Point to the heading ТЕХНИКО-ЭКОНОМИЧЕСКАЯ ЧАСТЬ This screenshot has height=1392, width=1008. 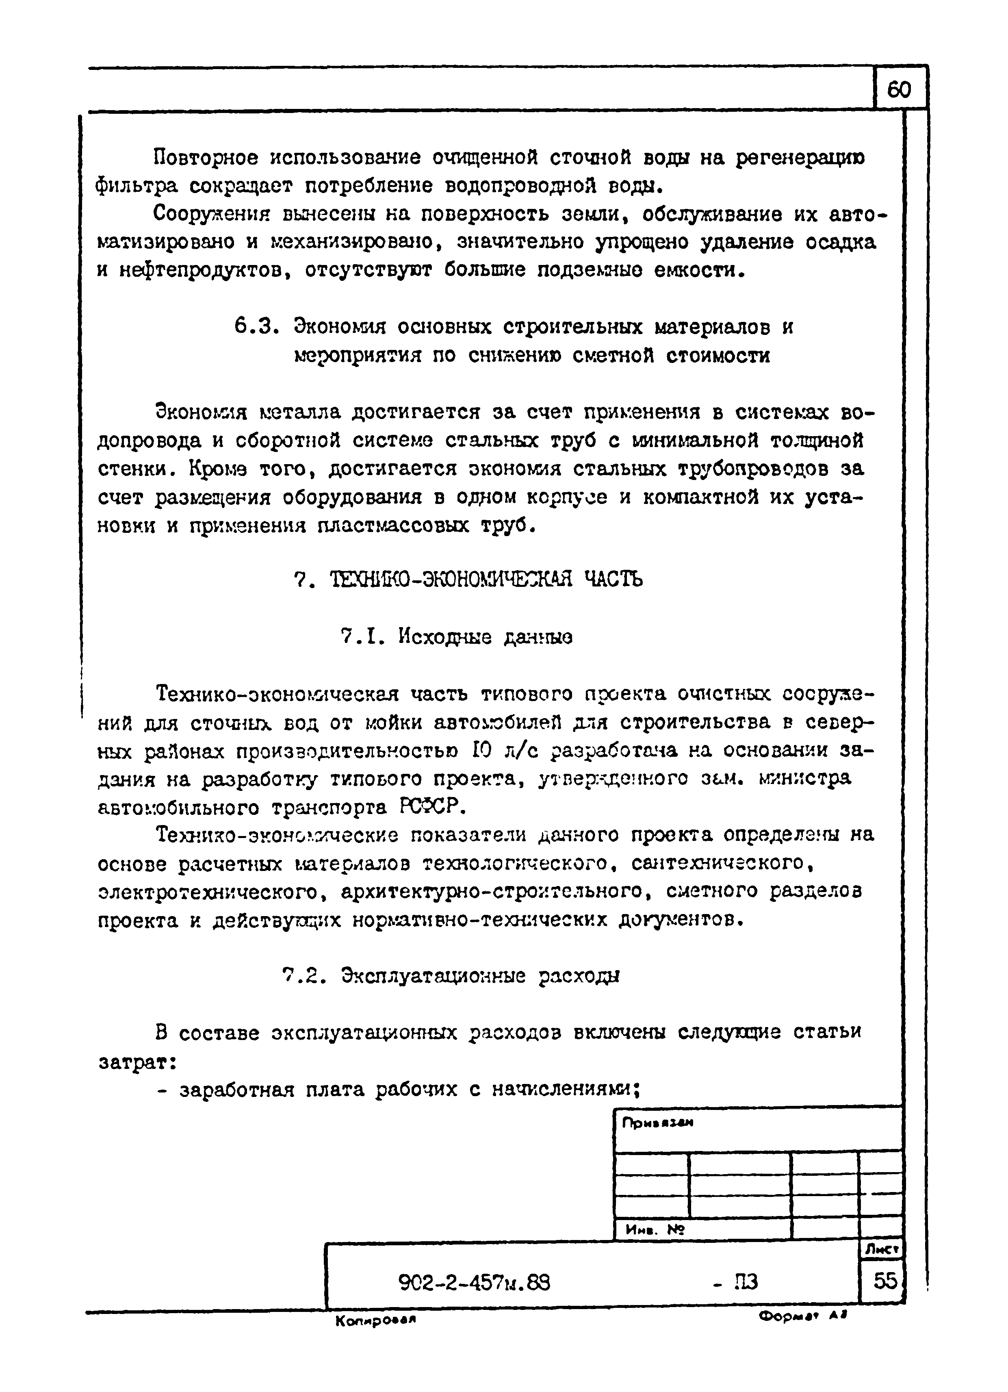click(x=486, y=579)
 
